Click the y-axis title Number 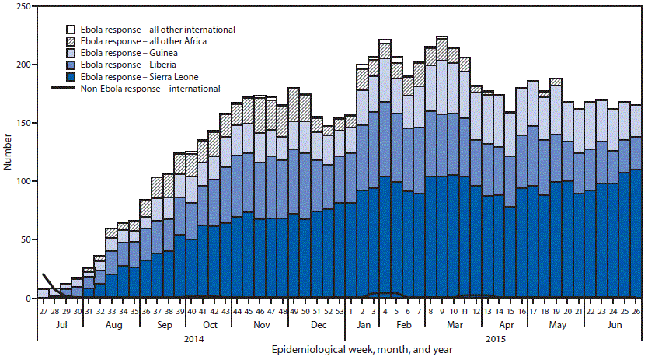[x=7, y=152]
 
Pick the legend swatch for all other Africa [x=71, y=41]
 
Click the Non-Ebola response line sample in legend [x=71, y=89]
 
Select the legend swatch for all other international [x=71, y=29]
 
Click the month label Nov [x=258, y=323]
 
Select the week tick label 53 [x=338, y=310]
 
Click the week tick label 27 [x=43, y=310]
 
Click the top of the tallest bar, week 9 [x=441, y=37]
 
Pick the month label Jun [x=612, y=323]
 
